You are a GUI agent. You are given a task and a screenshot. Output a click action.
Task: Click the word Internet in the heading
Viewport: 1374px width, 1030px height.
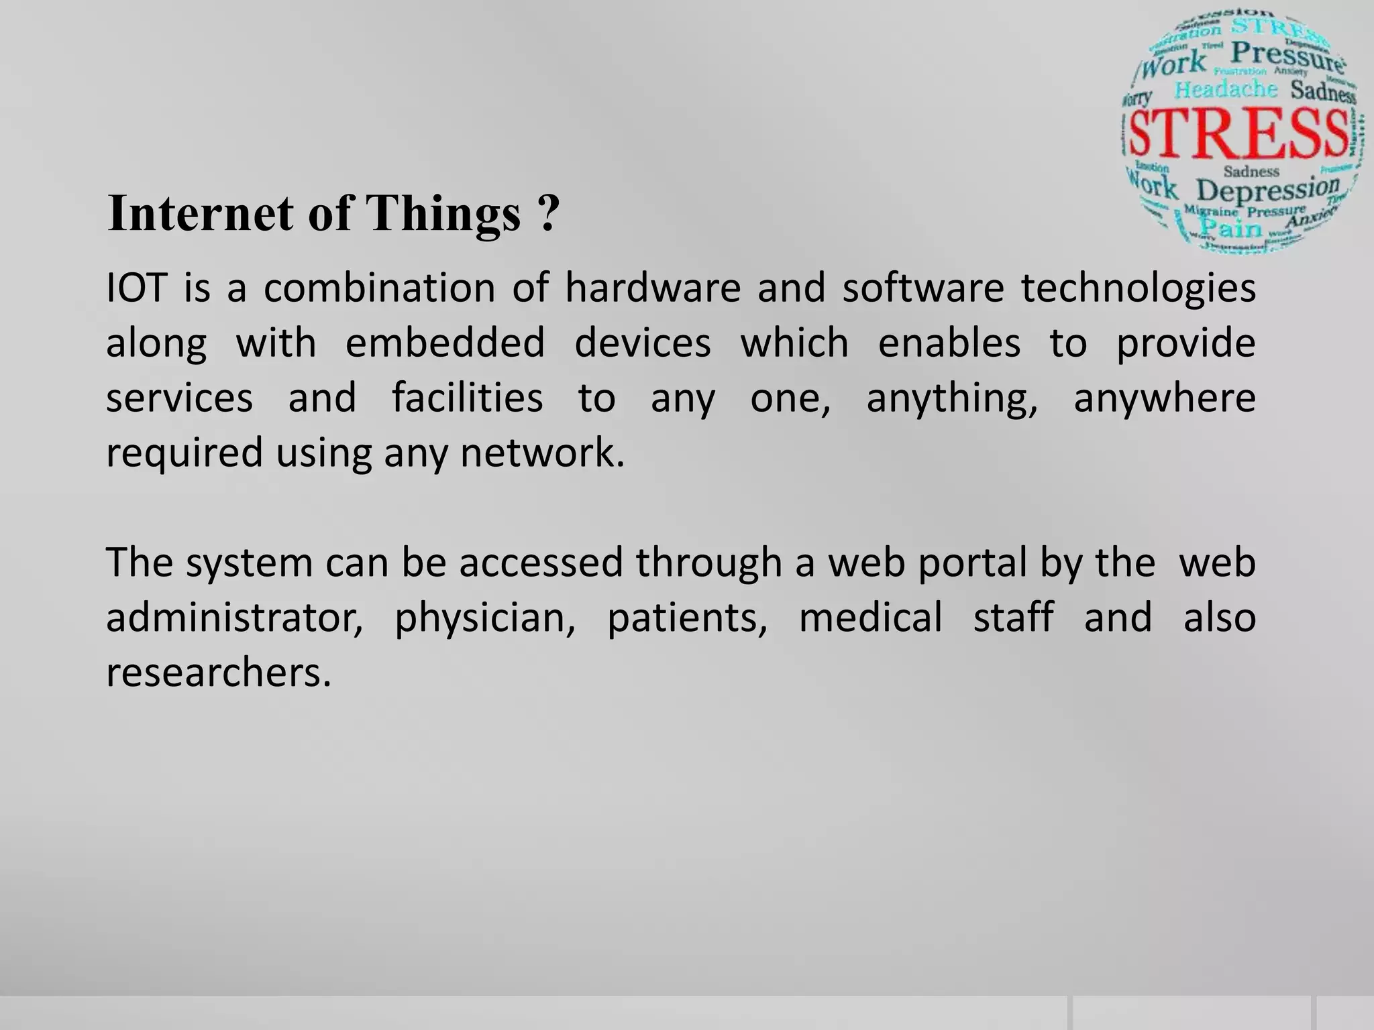click(201, 213)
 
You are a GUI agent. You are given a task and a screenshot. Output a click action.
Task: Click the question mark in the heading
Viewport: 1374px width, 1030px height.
click(547, 213)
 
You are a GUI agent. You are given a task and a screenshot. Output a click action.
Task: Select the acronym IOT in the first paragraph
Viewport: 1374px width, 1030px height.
click(136, 288)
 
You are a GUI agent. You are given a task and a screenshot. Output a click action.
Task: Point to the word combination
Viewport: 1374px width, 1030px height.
click(379, 288)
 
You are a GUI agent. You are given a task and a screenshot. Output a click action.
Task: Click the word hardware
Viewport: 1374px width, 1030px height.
click(653, 288)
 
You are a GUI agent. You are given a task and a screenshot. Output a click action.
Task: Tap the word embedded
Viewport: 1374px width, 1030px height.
click(445, 343)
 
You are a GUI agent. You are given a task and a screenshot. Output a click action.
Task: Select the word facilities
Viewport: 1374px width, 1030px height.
click(467, 398)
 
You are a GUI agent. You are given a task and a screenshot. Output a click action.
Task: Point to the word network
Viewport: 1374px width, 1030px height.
click(541, 453)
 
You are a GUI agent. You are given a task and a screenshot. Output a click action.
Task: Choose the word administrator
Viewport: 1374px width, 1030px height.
click(234, 618)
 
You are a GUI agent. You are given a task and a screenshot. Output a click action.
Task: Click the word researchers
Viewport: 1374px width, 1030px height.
click(219, 673)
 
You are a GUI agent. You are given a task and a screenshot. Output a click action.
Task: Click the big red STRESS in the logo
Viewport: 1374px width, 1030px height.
click(1238, 133)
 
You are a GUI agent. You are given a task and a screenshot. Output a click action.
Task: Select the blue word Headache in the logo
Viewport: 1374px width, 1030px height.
click(1226, 90)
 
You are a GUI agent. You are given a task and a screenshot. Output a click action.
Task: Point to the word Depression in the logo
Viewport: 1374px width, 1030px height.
click(1267, 189)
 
